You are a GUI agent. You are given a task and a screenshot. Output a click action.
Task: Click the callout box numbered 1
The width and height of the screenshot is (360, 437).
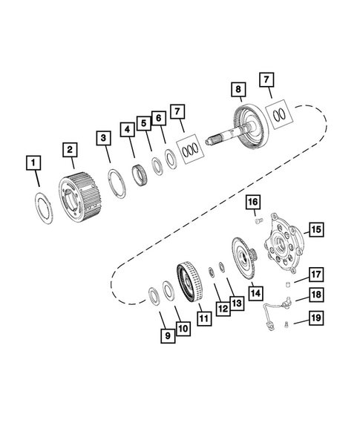(x=32, y=162)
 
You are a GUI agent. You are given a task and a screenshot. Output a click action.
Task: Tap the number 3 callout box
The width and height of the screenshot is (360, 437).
(x=103, y=138)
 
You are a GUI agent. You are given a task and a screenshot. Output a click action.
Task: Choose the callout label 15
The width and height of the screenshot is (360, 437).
(x=315, y=229)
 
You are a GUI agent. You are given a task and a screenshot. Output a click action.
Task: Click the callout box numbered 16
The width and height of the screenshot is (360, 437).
(x=252, y=202)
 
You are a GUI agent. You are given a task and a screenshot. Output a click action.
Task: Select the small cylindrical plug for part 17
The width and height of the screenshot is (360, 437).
(x=286, y=285)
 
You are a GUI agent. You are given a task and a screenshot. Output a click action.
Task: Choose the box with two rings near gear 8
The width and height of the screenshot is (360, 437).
(x=281, y=114)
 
